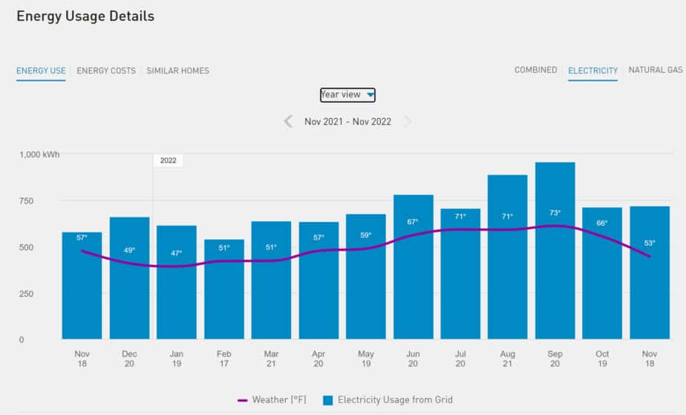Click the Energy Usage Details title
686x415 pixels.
pos(85,16)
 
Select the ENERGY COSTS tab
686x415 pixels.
pos(106,71)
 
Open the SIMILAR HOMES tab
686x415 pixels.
pos(177,71)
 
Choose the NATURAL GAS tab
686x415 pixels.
pos(655,70)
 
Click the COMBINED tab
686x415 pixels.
pos(535,70)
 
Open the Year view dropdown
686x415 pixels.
pos(347,94)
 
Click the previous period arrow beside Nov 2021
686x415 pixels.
pos(288,121)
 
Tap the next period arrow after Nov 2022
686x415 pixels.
pos(407,121)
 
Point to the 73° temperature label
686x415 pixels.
pos(555,213)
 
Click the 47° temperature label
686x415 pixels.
pos(177,253)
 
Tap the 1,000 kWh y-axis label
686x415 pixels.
pos(39,154)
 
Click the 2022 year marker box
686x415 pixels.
pos(168,160)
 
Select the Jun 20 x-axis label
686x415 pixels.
pos(413,359)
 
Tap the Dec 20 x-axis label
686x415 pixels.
pos(129,359)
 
